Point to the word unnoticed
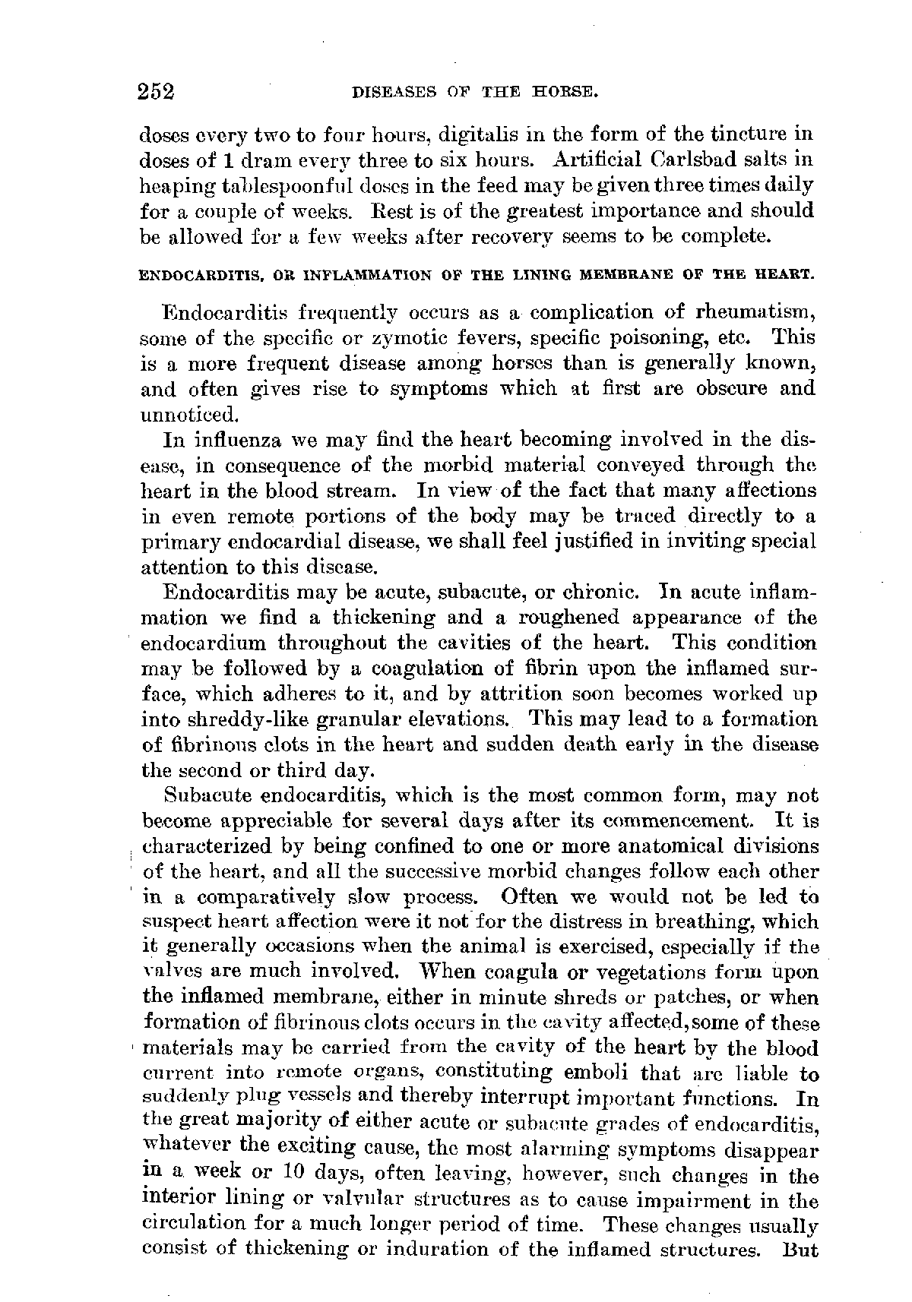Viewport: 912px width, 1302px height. (x=179, y=415)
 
